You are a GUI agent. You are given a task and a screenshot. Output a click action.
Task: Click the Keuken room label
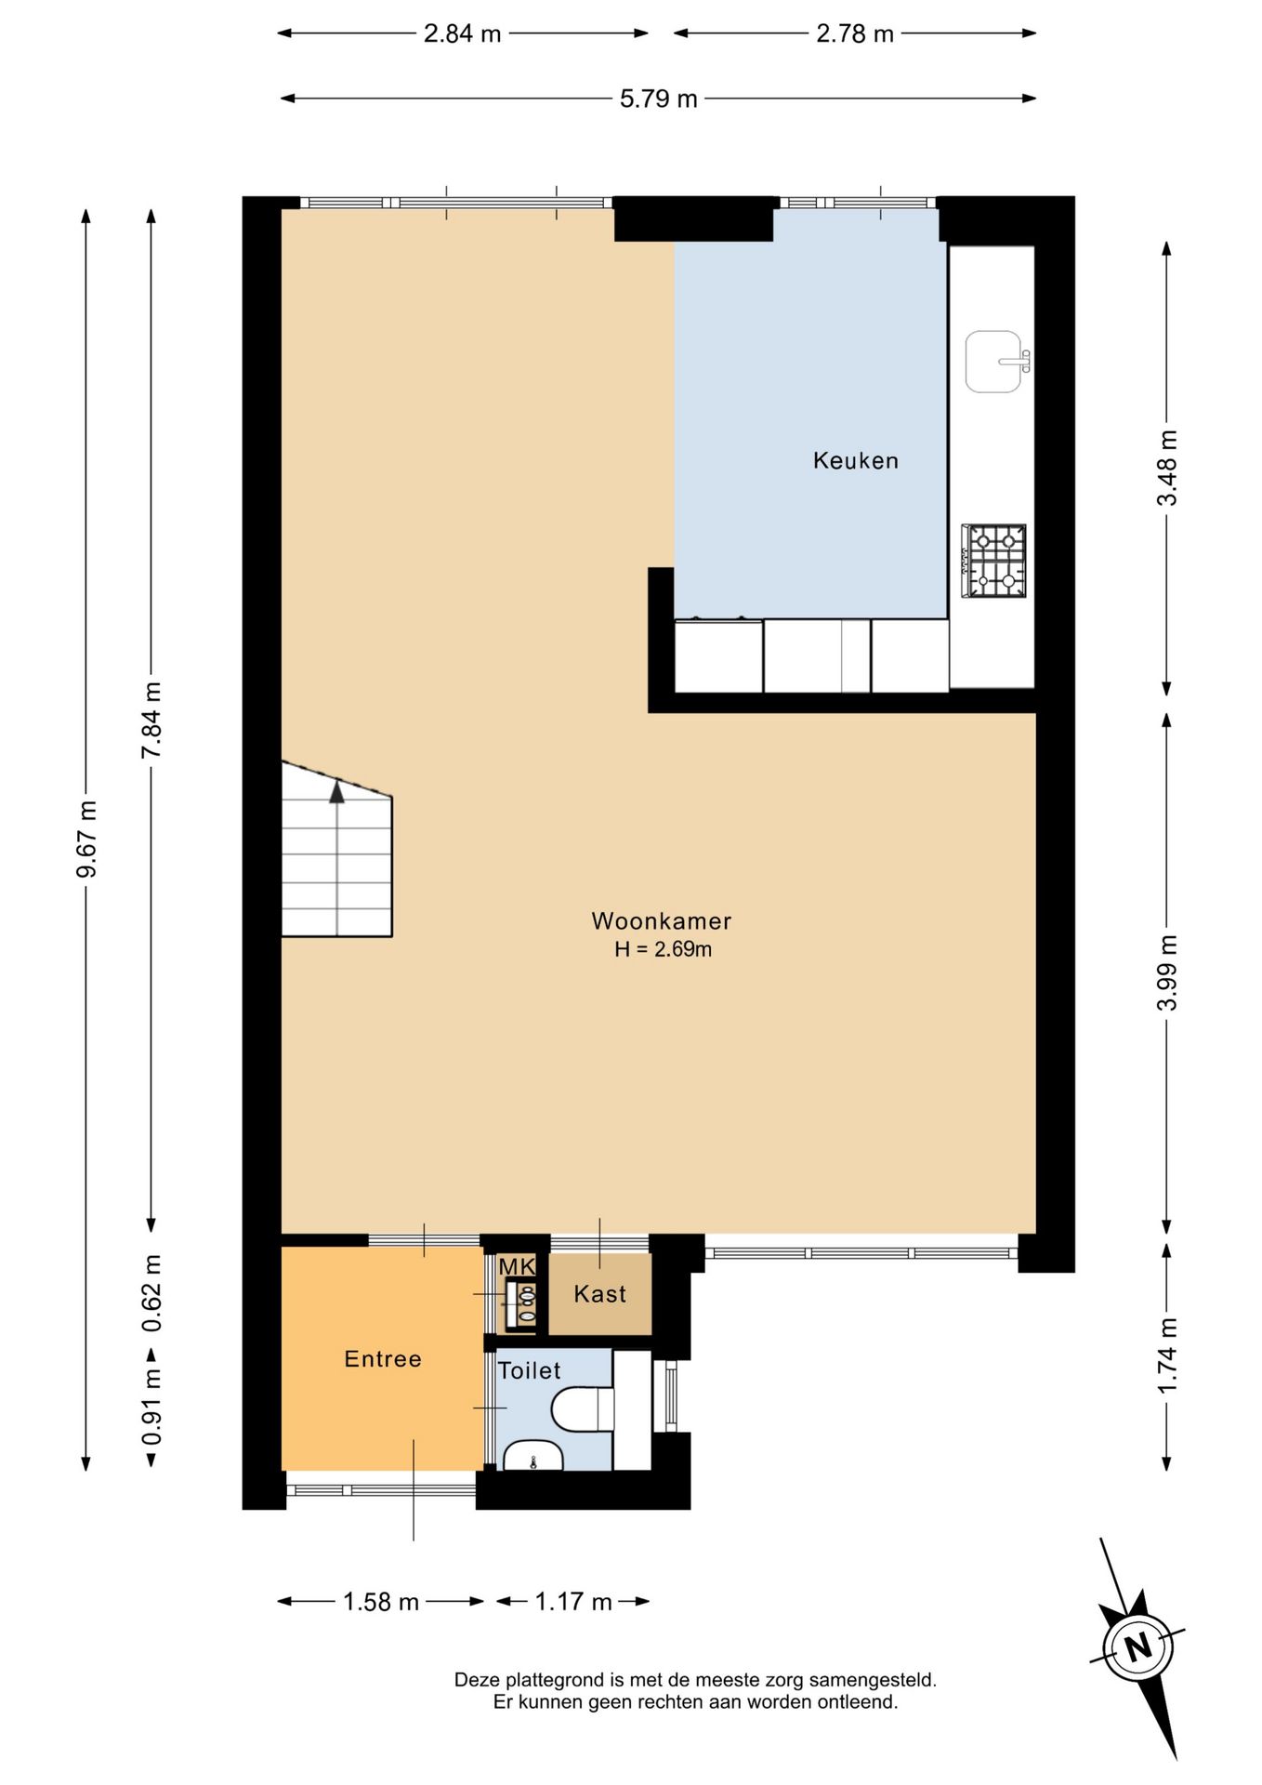855,460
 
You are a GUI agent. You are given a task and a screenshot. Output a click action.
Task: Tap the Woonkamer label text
662,921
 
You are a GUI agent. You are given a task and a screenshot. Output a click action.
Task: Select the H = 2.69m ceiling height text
663,949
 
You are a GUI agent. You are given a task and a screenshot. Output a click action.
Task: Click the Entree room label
383,1359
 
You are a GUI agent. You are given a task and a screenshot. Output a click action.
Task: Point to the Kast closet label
599,1294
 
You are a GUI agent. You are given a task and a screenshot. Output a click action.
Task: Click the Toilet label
529,1370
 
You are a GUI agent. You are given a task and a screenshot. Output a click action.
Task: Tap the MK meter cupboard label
517,1266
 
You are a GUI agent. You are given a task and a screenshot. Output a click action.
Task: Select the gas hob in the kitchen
993,561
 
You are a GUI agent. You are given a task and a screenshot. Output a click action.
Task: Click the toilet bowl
583,1409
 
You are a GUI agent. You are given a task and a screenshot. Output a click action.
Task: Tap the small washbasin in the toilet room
532,1456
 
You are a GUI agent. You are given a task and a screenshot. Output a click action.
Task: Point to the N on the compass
1138,1648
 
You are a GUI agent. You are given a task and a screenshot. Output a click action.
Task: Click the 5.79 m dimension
659,99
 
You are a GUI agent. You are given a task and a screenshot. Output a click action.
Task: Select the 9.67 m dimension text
86,839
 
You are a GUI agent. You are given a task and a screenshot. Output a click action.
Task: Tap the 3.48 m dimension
1167,468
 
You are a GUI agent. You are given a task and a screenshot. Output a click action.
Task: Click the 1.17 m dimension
573,1601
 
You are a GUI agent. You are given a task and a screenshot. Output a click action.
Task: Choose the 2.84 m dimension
463,33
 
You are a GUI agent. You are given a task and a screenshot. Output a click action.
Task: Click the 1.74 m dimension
1167,1355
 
